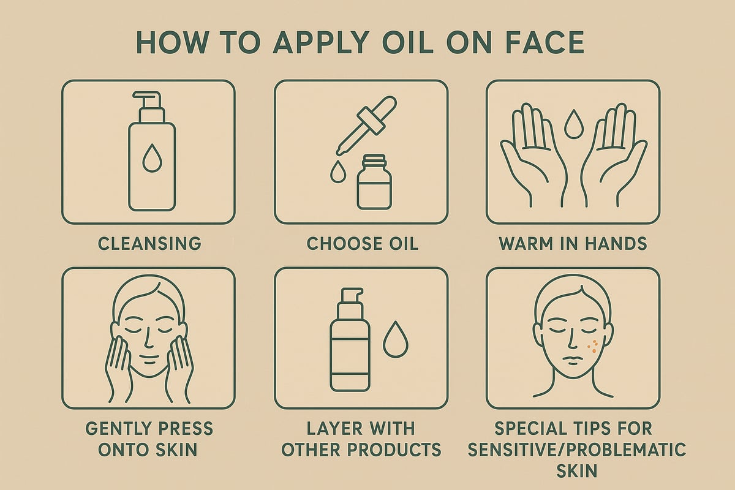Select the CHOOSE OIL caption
pos(362,243)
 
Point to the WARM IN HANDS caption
pos(573,243)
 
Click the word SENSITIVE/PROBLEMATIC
pos(573,450)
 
